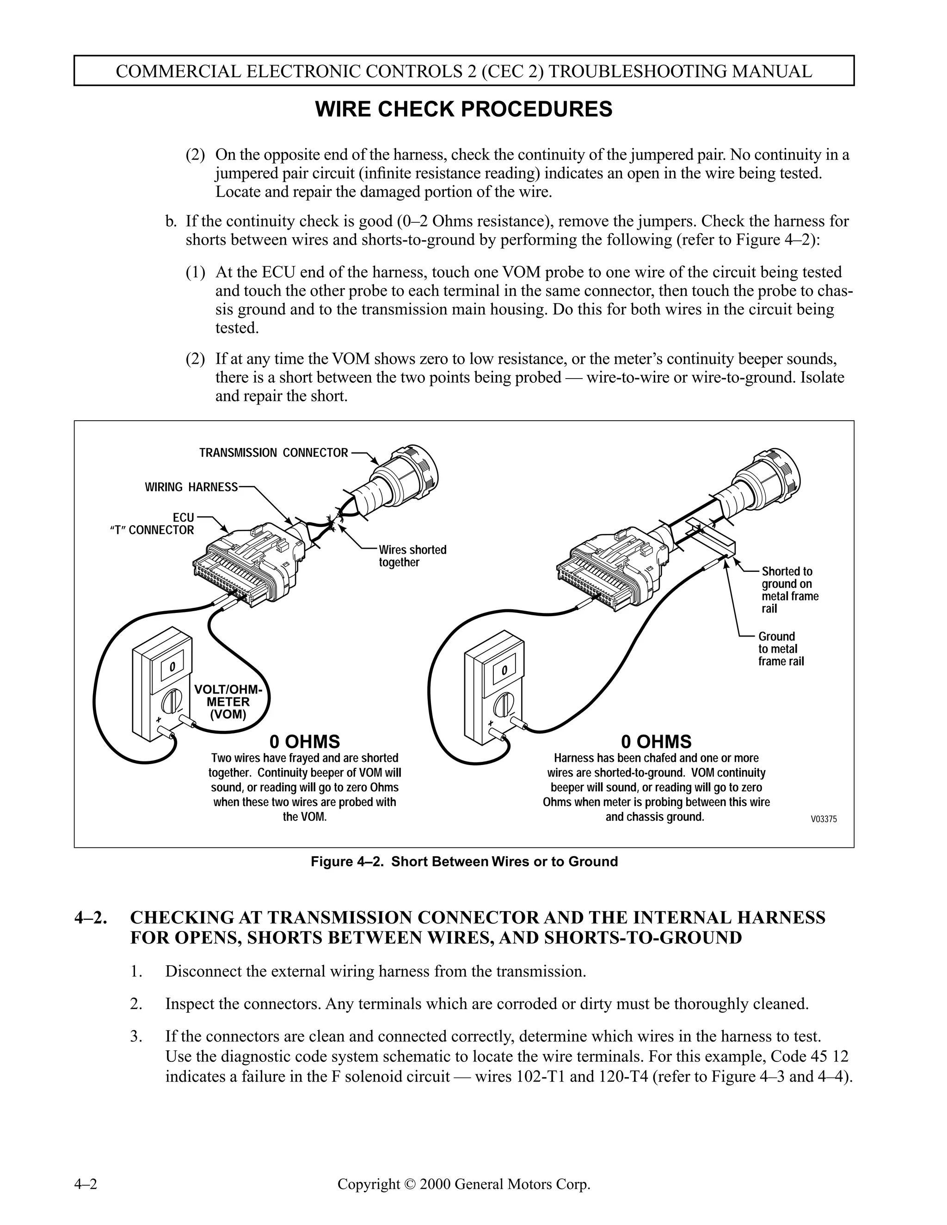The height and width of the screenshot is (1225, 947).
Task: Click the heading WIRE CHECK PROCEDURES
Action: [x=463, y=110]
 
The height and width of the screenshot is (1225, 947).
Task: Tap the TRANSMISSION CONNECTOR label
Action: [x=274, y=453]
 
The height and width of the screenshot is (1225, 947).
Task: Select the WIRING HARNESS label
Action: [x=191, y=487]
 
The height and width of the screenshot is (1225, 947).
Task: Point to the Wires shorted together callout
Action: [x=412, y=556]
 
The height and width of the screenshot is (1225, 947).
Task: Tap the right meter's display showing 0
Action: [x=504, y=670]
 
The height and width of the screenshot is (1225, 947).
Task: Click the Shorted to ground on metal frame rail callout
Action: [x=789, y=589]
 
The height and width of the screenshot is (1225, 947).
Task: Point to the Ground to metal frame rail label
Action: [x=781, y=649]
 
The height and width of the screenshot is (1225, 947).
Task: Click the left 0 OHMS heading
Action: [x=305, y=741]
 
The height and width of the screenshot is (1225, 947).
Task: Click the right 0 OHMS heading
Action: [x=657, y=741]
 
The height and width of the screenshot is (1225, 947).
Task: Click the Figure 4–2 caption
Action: [x=464, y=862]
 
